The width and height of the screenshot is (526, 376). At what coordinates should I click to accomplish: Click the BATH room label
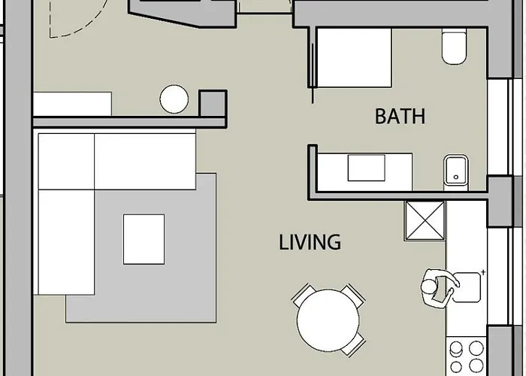(x=400, y=117)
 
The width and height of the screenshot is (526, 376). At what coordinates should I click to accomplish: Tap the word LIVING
(x=310, y=243)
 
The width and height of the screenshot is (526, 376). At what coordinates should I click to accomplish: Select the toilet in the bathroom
(x=454, y=47)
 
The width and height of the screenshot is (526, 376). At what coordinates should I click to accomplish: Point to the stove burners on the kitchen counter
(x=467, y=356)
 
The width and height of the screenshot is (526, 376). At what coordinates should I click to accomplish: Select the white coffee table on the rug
(x=144, y=239)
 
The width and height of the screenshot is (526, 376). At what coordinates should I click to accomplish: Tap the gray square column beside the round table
(x=211, y=102)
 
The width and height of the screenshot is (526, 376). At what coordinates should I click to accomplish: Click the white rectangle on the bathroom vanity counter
(x=366, y=168)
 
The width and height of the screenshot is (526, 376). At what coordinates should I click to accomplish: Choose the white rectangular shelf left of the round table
(x=71, y=104)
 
